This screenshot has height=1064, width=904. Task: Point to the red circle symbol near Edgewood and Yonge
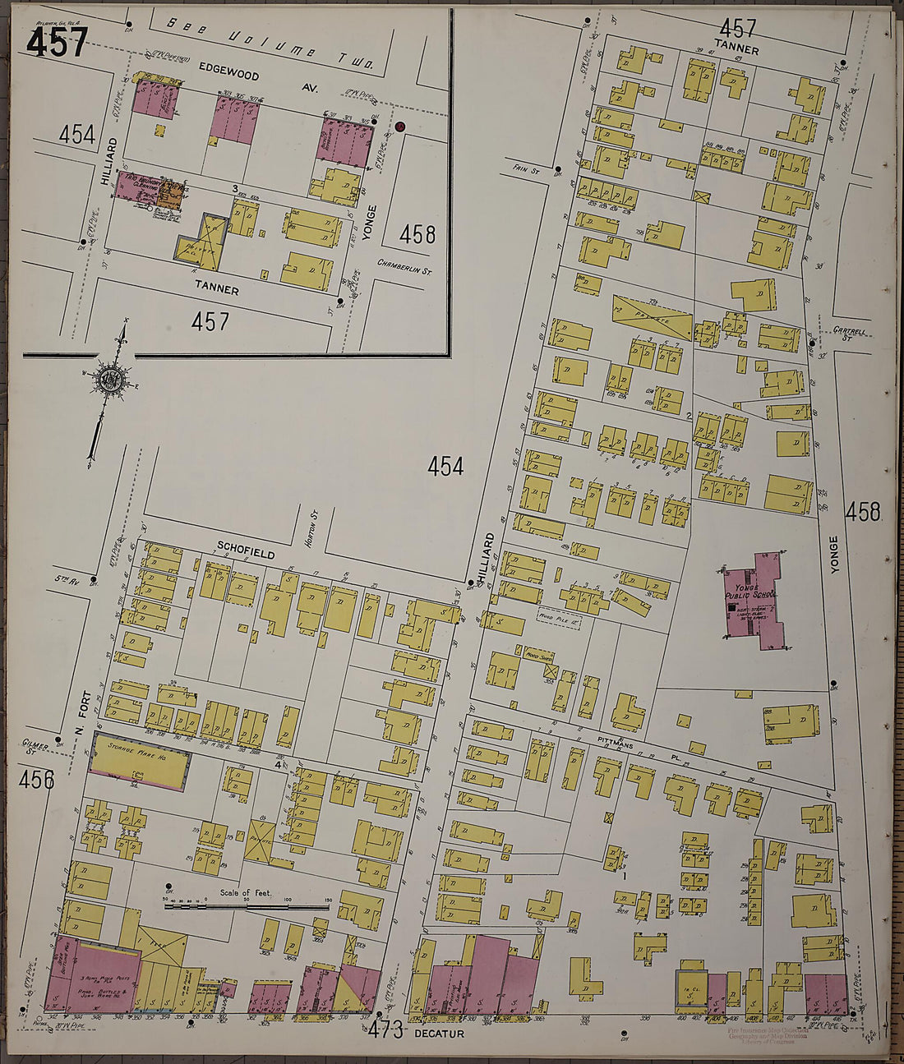point(399,127)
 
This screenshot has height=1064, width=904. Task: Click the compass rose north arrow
point(109,380)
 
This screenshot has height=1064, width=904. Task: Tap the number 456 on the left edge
point(37,779)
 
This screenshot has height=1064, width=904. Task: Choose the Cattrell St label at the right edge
point(850,332)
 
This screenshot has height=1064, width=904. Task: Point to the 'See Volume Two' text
point(271,44)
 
